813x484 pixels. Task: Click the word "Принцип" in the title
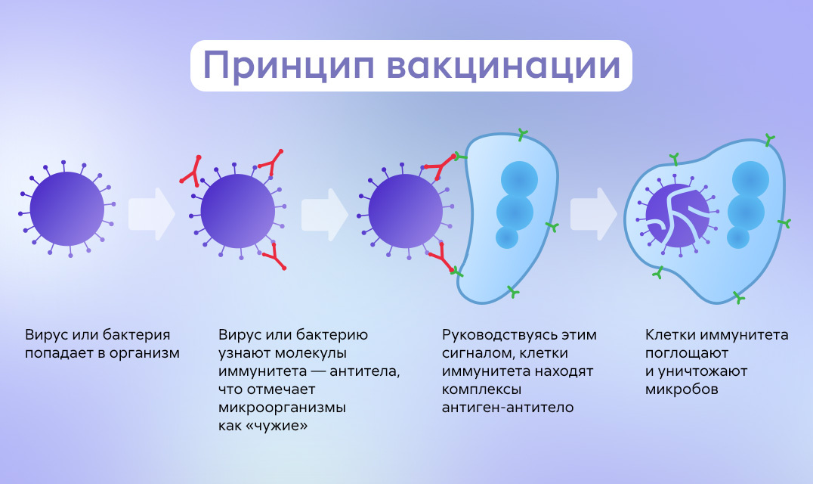click(x=289, y=66)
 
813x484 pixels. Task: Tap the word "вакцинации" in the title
click(x=503, y=67)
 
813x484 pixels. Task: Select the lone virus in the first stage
click(x=67, y=209)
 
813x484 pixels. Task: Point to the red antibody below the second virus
click(x=274, y=258)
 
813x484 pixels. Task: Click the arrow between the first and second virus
click(x=152, y=214)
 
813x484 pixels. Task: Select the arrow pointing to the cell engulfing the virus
click(x=594, y=214)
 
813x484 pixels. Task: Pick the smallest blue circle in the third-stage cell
click(x=506, y=237)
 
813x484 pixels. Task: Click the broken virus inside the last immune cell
click(x=677, y=216)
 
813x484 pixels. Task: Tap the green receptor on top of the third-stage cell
click(x=523, y=135)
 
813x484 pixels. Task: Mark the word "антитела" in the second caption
click(x=364, y=371)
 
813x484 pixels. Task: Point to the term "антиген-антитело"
click(x=508, y=408)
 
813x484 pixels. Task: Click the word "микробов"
click(x=682, y=389)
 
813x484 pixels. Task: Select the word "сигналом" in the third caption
click(x=478, y=354)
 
